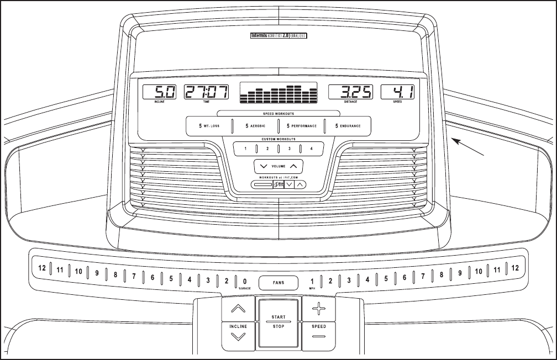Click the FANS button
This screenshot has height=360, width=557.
[x=278, y=283]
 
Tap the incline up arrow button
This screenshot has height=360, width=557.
[x=238, y=309]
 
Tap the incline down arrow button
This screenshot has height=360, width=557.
[x=238, y=336]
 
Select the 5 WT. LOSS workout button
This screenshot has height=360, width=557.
[x=209, y=126]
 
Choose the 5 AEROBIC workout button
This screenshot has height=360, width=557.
[x=255, y=126]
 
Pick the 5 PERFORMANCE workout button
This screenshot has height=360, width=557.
[x=302, y=126]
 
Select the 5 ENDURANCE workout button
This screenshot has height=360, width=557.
[x=348, y=126]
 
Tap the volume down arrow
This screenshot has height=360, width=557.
[x=263, y=166]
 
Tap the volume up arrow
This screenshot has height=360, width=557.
[x=293, y=166]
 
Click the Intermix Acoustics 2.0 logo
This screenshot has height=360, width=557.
[x=278, y=36]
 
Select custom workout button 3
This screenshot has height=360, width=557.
[x=289, y=149]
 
